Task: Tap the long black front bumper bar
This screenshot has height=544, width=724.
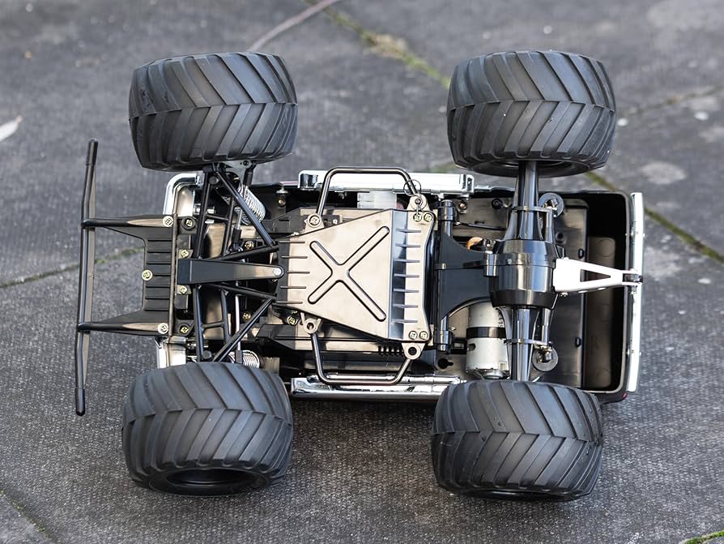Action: coord(85,276)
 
